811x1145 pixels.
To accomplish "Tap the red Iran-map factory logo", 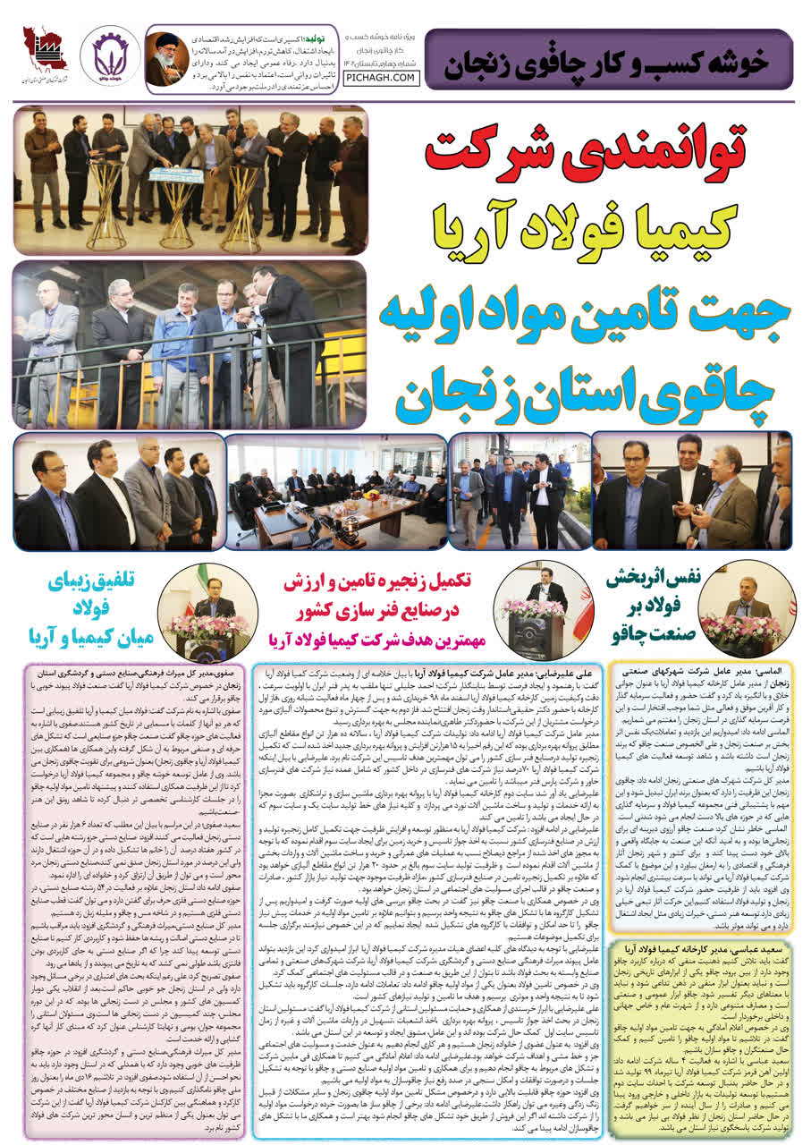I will click(45, 55).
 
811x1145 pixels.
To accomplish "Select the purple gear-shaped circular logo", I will click(110, 55).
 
